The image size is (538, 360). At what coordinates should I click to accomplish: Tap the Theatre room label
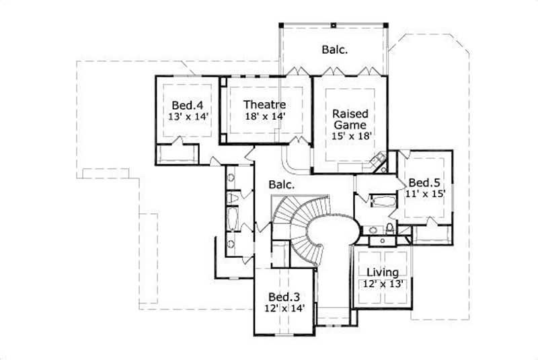pos(265,105)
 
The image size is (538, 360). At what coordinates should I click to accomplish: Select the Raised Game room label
pos(350,119)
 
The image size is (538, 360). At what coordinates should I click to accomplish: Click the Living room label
pos(383,273)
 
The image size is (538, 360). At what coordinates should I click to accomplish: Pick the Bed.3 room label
pos(284,297)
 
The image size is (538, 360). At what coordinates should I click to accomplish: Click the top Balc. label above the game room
pos(333,49)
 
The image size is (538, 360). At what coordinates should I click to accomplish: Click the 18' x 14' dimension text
pos(265,116)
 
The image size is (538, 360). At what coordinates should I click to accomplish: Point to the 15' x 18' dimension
pos(351,136)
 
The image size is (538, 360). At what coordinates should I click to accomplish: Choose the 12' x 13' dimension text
pos(383,284)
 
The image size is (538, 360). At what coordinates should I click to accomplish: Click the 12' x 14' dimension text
pos(285,309)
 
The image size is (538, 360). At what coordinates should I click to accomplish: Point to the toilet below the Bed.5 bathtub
pos(391,227)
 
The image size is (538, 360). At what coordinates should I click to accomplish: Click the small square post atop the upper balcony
pos(334,25)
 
